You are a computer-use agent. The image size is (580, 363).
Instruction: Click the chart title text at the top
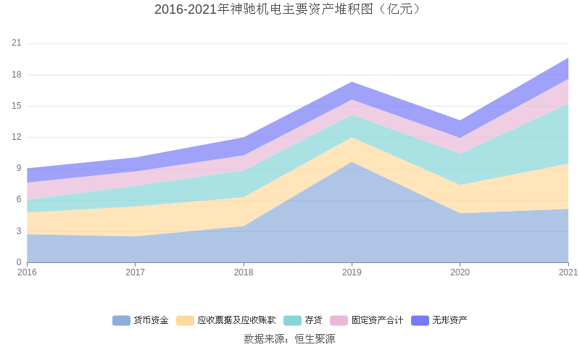pos(289,9)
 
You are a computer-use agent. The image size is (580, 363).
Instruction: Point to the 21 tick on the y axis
pos(17,43)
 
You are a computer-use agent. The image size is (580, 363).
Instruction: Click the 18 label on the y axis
pos(17,75)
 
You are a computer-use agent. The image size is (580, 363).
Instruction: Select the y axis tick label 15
pos(17,106)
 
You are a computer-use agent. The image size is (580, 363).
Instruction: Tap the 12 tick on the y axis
pos(17,137)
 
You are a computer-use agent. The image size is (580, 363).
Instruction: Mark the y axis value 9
pos(19,169)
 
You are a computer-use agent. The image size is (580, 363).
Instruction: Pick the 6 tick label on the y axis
pos(19,200)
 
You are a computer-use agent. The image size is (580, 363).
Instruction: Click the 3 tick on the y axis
pos(19,231)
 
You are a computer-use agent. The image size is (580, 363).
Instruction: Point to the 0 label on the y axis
pos(19,262)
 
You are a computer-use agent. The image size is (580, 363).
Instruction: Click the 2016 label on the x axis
pos(27,272)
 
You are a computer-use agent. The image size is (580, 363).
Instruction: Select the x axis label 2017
pos(135,272)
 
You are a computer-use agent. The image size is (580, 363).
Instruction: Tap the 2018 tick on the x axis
pos(244,272)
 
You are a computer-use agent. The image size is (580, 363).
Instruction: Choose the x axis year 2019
pos(352,272)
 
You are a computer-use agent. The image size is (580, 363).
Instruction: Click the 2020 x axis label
pos(460,272)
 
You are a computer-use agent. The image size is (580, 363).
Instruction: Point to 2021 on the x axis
pos(568,272)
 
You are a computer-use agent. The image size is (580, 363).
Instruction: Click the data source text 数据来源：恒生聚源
pos(289,338)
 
